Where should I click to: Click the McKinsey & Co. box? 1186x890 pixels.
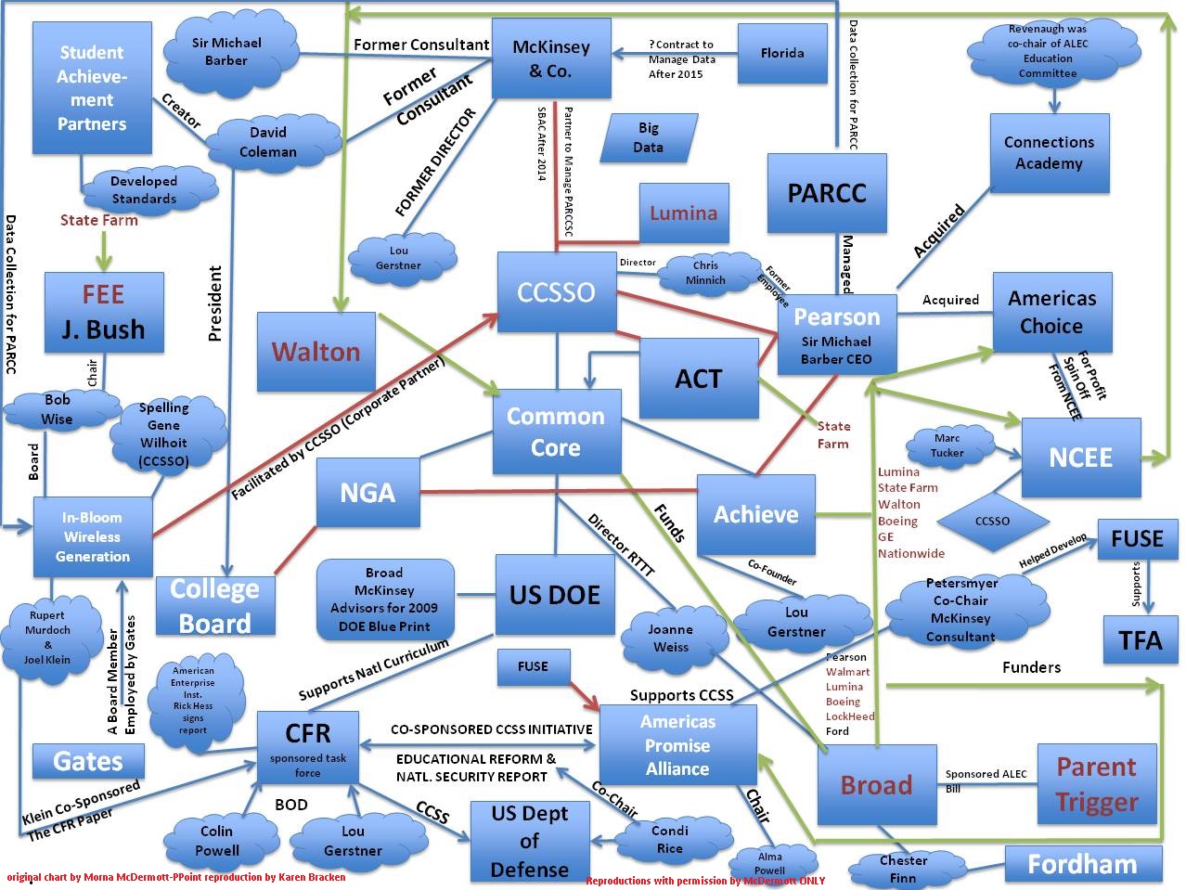tap(550, 58)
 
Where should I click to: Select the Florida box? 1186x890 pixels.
tap(781, 53)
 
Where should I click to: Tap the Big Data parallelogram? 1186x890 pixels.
tap(648, 137)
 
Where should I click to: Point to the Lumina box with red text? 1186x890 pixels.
tap(683, 213)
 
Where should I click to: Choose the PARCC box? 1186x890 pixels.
tap(826, 193)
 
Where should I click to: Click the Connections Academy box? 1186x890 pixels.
tap(1049, 153)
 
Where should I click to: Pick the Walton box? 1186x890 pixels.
tap(316, 352)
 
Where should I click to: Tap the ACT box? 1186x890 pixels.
tap(698, 378)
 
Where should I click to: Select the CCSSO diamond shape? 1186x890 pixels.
tap(992, 521)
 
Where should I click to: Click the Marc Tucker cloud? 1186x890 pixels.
tap(948, 446)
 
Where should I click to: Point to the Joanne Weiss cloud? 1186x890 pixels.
tap(670, 638)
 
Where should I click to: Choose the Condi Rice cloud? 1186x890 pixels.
tap(669, 839)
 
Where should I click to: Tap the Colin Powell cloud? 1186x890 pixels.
tap(217, 840)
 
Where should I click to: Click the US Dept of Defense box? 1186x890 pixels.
tap(529, 841)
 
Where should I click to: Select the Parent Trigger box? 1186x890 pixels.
tap(1096, 784)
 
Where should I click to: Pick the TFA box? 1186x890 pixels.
tap(1140, 639)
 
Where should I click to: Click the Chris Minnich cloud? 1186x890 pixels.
tap(705, 273)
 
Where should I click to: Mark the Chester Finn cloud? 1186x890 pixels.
tap(903, 869)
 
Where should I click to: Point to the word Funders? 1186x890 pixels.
tap(1031, 666)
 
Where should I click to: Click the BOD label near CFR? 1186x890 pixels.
tap(291, 805)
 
